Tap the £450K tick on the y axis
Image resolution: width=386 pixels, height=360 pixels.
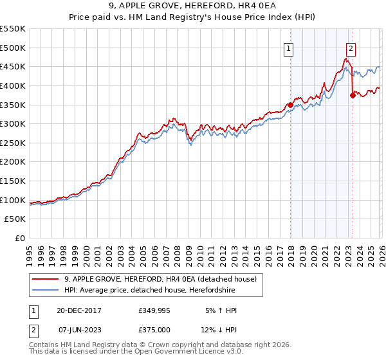pyautogui.click(x=13, y=66)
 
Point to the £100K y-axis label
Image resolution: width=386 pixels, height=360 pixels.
pyautogui.click(x=13, y=200)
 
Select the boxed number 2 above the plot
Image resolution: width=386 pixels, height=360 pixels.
pyautogui.click(x=351, y=48)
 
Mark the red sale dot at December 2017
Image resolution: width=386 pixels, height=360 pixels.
pyautogui.click(x=290, y=104)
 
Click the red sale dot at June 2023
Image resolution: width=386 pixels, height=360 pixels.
pyautogui.click(x=353, y=95)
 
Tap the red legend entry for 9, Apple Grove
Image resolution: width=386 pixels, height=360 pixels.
pyautogui.click(x=160, y=279)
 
